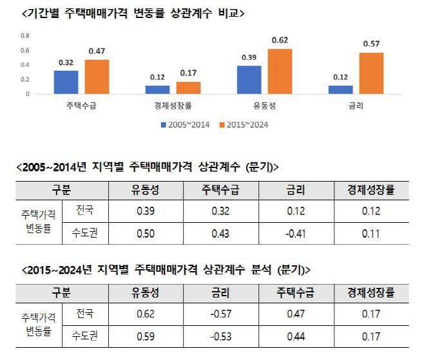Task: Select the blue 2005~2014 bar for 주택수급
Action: (66, 82)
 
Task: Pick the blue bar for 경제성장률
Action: (157, 90)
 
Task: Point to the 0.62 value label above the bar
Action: (280, 41)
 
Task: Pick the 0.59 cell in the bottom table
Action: (145, 336)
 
